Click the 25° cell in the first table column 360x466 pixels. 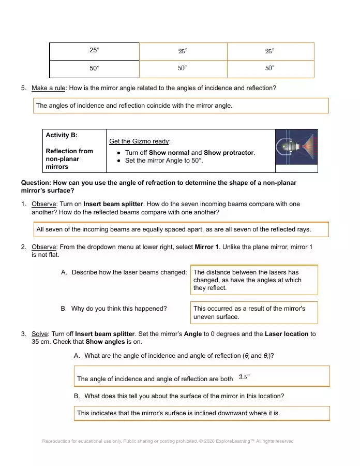coord(94,50)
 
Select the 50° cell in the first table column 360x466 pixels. coord(94,68)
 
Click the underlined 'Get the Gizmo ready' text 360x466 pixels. coord(140,141)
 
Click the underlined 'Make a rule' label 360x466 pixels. coord(48,88)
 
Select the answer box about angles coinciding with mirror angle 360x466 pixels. coord(181,106)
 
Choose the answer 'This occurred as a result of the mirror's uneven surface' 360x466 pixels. coord(254,312)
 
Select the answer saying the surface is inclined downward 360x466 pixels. coord(202,413)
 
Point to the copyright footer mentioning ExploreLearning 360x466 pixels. coord(168,441)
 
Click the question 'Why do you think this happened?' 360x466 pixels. coord(119,309)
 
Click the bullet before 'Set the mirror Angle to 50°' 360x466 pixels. coord(119,161)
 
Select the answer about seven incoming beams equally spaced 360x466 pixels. coord(181,229)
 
